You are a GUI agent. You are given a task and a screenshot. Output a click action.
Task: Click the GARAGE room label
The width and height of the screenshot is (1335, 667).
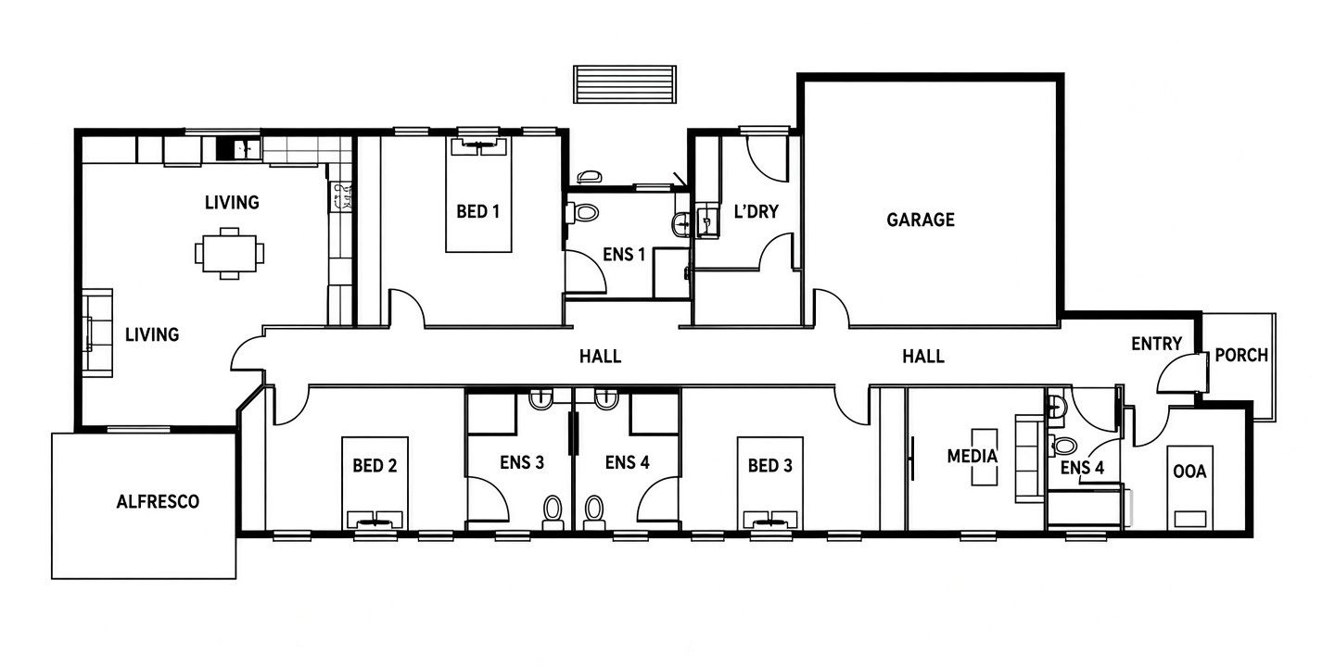click(x=921, y=220)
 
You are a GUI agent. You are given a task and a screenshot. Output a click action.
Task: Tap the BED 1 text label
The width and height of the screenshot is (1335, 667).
click(x=478, y=211)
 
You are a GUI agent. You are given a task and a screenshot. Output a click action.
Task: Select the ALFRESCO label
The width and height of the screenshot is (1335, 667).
click(x=158, y=502)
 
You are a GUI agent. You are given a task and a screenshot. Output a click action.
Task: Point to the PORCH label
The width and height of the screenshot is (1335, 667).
click(x=1241, y=356)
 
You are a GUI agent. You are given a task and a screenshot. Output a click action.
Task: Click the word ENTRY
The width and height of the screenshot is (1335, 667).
click(x=1156, y=344)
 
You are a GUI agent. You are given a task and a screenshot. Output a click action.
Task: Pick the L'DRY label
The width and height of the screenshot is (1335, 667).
click(x=756, y=211)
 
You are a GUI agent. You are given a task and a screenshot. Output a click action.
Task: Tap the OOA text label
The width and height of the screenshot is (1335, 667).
click(x=1189, y=472)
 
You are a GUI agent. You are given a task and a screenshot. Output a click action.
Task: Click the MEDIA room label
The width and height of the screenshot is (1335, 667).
click(x=972, y=456)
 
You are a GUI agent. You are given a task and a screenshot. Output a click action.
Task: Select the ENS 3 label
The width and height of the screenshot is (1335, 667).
click(x=522, y=463)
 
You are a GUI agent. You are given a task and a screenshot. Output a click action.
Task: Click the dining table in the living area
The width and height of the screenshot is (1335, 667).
click(x=230, y=253)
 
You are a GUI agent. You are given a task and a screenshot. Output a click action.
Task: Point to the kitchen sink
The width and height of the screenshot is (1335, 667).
click(x=238, y=149)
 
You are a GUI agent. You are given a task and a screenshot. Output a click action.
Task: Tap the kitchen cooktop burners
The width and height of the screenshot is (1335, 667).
click(x=341, y=196)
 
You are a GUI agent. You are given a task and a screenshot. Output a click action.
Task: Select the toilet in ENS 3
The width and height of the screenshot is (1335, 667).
click(x=553, y=513)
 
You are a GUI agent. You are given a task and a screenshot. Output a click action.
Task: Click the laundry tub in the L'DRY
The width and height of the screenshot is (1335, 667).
click(x=707, y=220)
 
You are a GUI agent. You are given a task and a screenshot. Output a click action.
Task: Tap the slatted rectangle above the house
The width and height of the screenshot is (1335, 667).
click(x=625, y=84)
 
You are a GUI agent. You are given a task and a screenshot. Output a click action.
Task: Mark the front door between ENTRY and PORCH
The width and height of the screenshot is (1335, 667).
click(x=1181, y=372)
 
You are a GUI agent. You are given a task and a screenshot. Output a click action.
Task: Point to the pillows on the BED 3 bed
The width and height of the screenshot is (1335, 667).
click(x=770, y=519)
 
